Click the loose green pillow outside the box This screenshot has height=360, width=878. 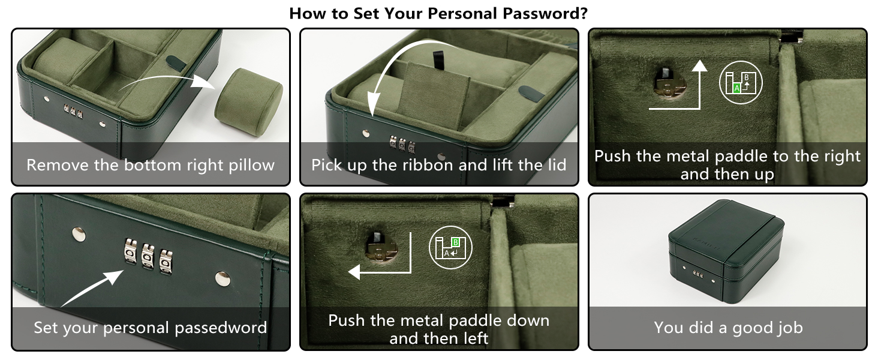(248, 102)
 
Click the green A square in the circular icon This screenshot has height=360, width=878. (736, 89)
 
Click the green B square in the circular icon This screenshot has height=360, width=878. (455, 242)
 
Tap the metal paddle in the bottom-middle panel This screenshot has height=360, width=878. (380, 247)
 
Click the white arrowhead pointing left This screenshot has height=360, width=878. (354, 272)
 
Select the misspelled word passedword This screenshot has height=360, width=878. (221, 328)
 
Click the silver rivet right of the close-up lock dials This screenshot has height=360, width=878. (222, 278)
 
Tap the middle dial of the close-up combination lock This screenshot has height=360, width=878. (148, 256)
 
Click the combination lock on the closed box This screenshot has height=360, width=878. (697, 273)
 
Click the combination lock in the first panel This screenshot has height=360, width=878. (73, 112)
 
